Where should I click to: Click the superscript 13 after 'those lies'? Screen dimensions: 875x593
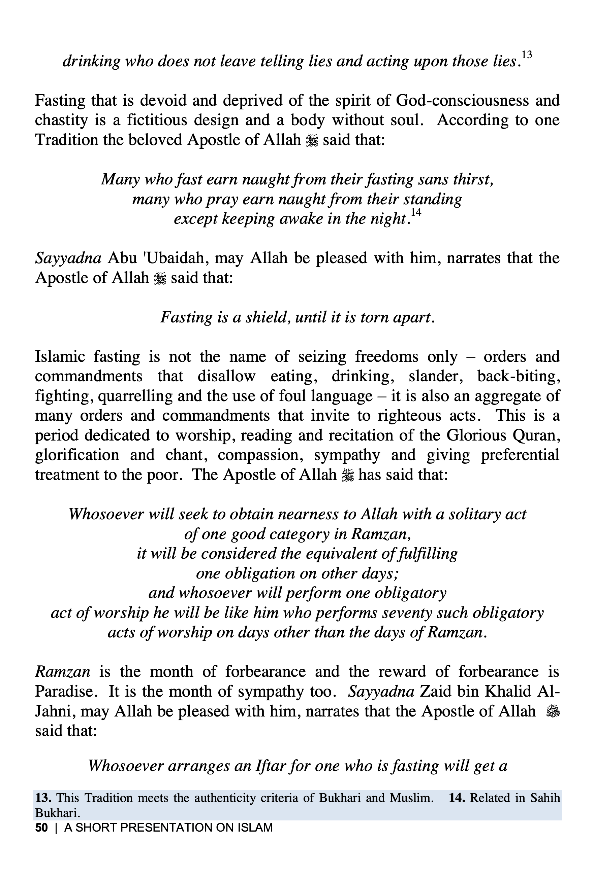pyautogui.click(x=526, y=55)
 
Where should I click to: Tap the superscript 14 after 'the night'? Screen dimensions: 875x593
pyautogui.click(x=415, y=212)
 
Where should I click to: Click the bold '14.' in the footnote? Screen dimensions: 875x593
pyautogui.click(x=457, y=798)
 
